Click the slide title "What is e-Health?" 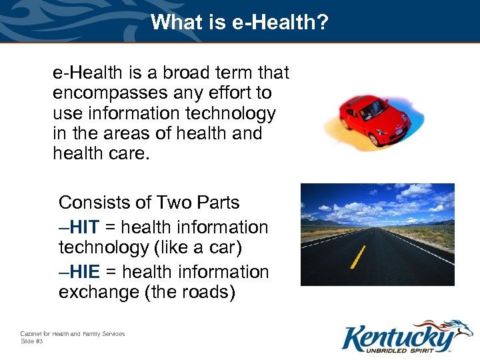(x=239, y=22)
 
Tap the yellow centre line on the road (x=358, y=256)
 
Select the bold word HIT (x=85, y=227)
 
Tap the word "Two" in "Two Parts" (x=175, y=203)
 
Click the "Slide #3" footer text (x=32, y=341)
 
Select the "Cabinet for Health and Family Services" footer (x=72, y=333)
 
